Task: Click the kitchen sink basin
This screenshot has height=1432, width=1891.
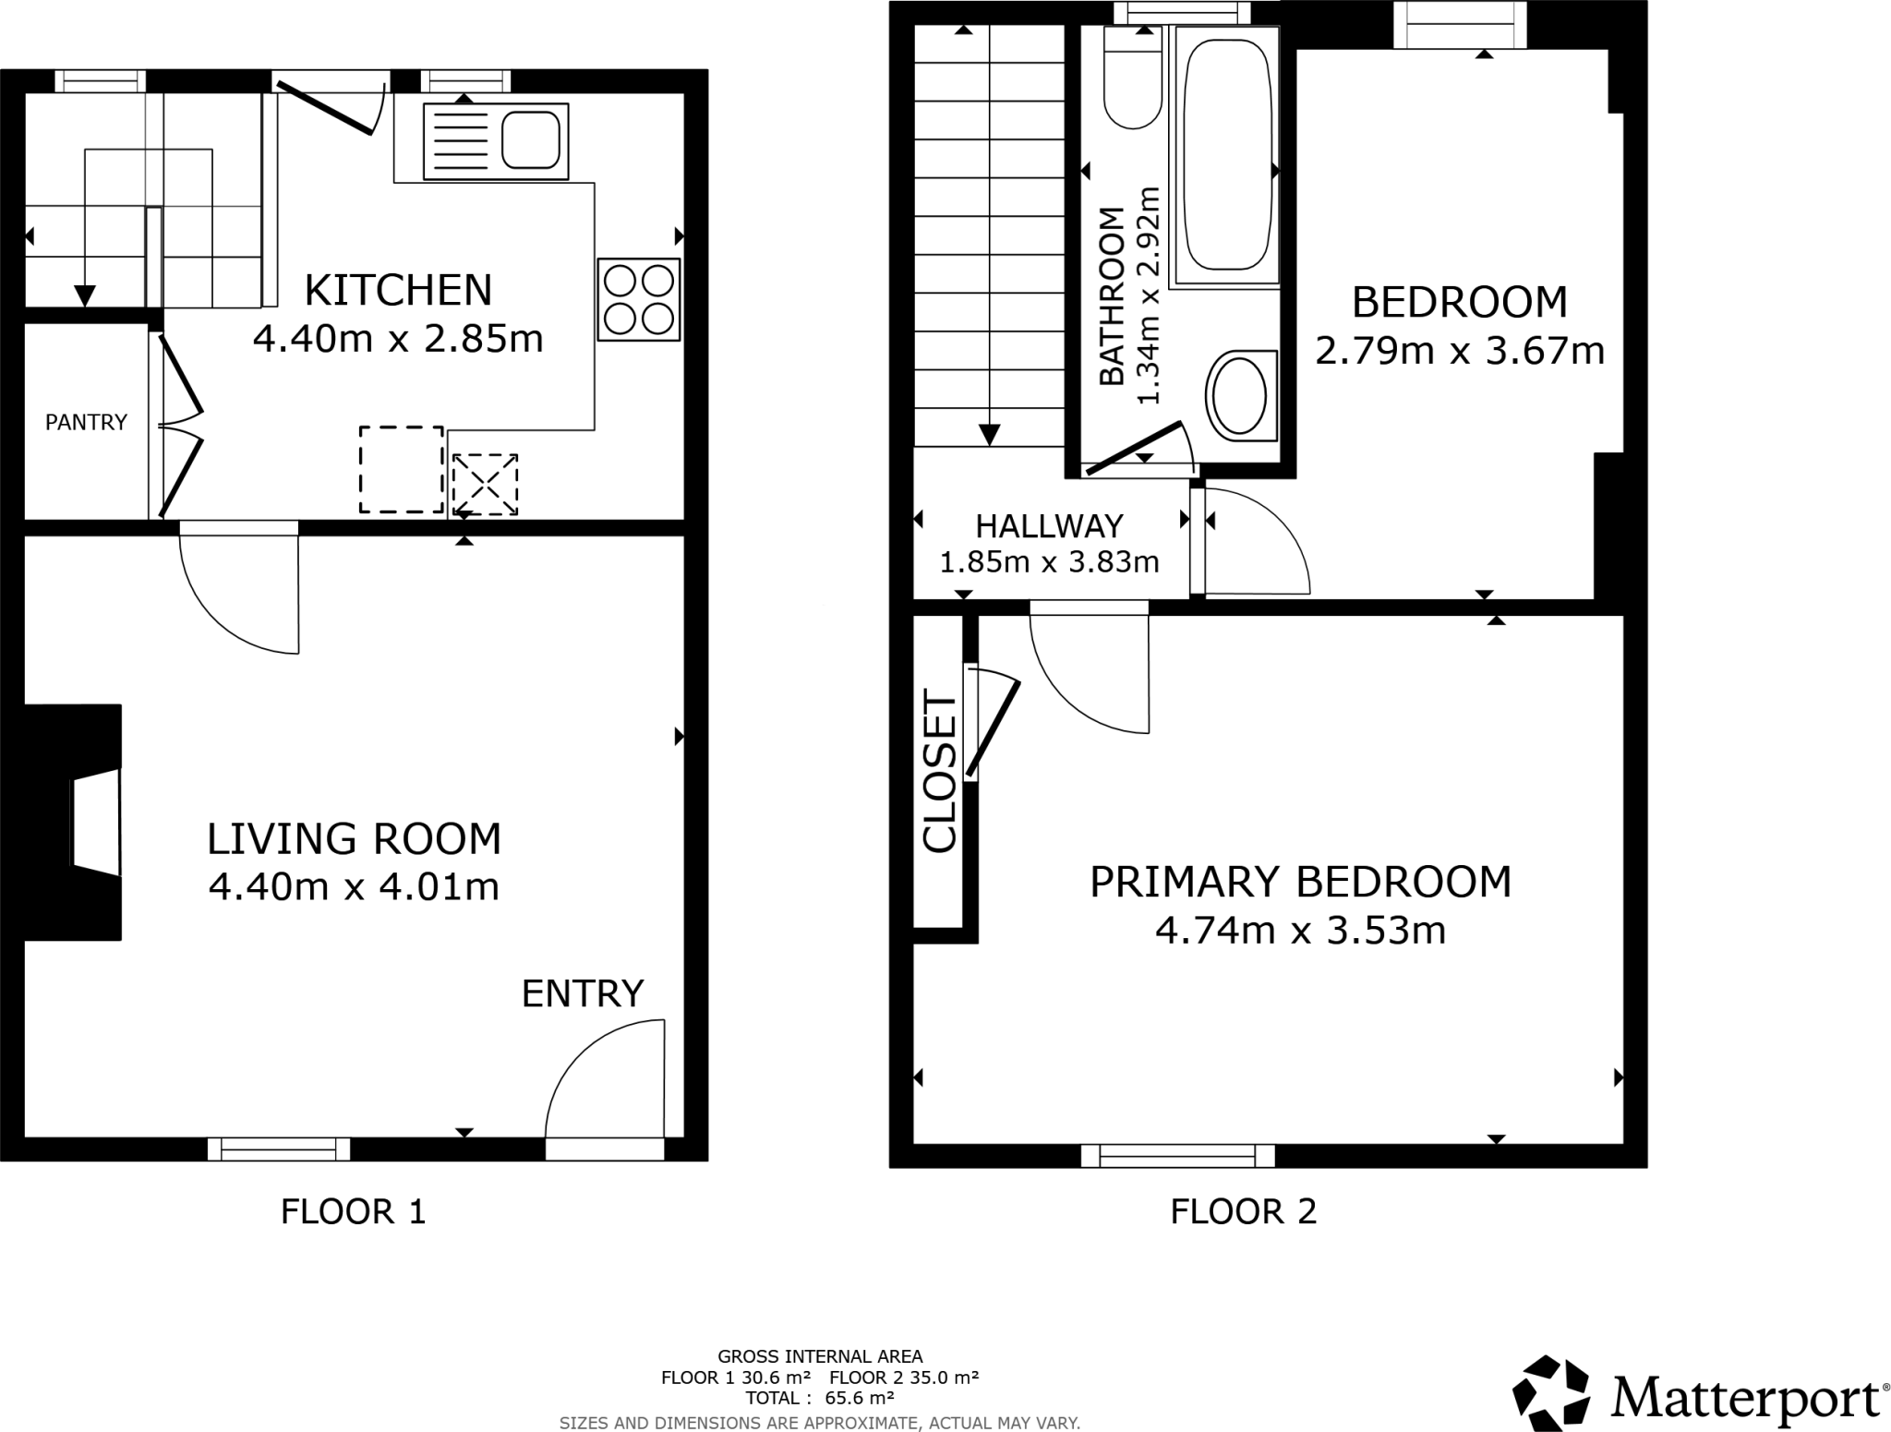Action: (531, 141)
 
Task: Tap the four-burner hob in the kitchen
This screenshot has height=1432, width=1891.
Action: (638, 299)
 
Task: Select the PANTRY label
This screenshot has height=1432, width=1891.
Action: (86, 422)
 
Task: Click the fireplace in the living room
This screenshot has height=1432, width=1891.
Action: (83, 823)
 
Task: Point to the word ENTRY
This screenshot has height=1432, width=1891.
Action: (582, 994)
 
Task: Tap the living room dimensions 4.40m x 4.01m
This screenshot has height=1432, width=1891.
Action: (354, 887)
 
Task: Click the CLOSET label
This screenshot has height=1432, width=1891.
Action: (940, 772)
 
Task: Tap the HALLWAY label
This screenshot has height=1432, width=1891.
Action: (1049, 526)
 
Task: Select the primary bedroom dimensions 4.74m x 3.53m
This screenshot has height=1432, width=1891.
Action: (1300, 931)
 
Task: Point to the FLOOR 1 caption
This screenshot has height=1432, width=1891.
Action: (353, 1211)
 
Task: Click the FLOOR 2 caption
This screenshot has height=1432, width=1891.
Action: (1243, 1211)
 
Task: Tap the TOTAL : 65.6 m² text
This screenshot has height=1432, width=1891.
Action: (819, 1398)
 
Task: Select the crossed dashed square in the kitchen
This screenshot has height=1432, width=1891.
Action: (485, 484)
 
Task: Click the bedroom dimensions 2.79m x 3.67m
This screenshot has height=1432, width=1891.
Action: (1459, 352)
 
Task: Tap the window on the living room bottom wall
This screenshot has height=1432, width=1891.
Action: (279, 1149)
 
